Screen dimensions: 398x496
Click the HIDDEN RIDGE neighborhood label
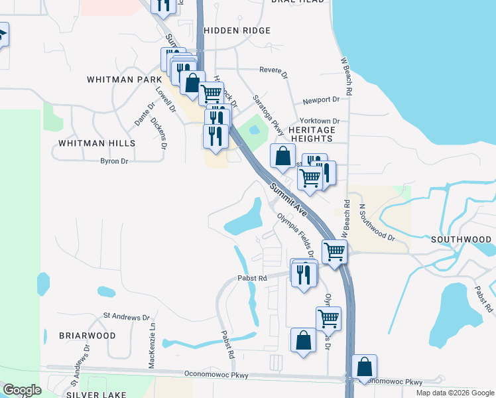[237, 31]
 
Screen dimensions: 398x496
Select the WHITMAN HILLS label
[97, 143]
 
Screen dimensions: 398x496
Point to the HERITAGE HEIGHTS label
[312, 135]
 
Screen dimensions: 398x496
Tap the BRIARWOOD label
[88, 336]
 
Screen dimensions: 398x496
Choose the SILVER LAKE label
[92, 394]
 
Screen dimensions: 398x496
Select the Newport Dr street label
[321, 100]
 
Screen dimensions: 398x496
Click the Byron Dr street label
[113, 161]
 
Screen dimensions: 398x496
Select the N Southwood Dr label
[377, 222]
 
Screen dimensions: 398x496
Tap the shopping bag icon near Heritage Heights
[282, 157]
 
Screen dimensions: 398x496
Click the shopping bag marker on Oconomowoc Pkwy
[365, 366]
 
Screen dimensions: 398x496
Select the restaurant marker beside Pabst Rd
[304, 273]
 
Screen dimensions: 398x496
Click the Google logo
[22, 390]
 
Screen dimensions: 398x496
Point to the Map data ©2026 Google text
[454, 393]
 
